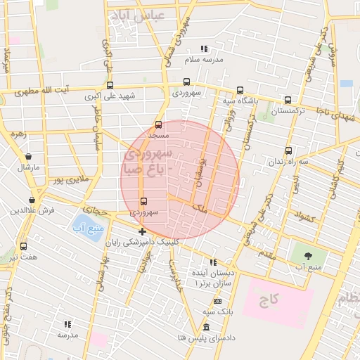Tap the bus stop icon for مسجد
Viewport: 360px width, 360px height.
point(157,125)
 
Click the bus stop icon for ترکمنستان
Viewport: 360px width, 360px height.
point(288,101)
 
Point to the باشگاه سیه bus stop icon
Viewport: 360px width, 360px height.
point(240,90)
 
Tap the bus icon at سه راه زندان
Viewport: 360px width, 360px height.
point(288,150)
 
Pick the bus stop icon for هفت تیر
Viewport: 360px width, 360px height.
point(24,247)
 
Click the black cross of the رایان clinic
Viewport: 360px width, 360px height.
point(143,231)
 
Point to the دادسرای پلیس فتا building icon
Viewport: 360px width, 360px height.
point(205,328)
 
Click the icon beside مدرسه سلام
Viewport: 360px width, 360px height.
point(204,49)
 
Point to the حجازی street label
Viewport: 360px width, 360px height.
point(93,209)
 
